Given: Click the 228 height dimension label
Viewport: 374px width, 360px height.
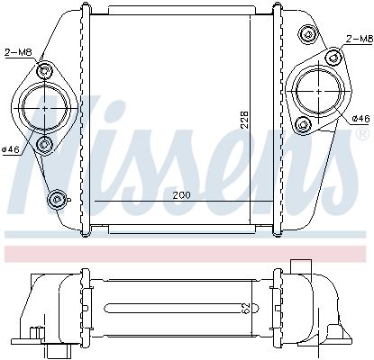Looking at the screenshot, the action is [x=245, y=120].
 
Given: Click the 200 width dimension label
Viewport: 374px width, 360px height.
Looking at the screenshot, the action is [x=181, y=195].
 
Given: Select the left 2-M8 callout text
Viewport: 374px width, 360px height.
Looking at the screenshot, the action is [x=18, y=52].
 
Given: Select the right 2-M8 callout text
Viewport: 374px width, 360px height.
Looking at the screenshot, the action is [x=360, y=39].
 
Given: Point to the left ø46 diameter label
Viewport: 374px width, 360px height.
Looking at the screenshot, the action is [x=11, y=149].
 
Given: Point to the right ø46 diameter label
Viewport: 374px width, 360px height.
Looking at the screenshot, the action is [x=360, y=119].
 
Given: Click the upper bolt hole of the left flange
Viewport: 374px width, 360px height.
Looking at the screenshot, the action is [x=44, y=71].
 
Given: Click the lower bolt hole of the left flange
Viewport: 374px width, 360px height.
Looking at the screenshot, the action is [x=44, y=145].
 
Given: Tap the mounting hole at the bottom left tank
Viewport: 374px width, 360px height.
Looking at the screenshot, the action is [x=56, y=198].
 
